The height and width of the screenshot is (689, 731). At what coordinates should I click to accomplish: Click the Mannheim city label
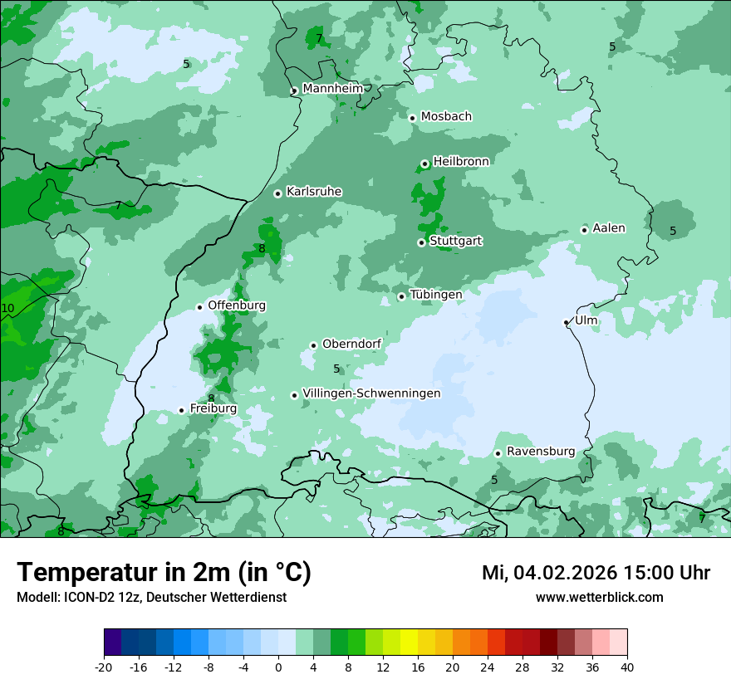click(333, 88)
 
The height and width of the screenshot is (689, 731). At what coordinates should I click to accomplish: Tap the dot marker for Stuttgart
click(421, 242)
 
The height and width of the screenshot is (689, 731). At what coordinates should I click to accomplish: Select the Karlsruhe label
click(314, 192)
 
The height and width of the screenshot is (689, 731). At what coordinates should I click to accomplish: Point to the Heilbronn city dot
click(424, 164)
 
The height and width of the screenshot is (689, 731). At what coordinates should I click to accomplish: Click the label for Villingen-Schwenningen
click(371, 393)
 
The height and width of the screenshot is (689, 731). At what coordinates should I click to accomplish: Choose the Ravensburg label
click(541, 452)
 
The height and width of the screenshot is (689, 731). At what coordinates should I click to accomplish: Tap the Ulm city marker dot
click(566, 322)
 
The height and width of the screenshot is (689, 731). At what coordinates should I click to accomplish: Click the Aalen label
click(609, 228)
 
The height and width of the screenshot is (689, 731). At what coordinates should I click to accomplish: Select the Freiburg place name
click(213, 408)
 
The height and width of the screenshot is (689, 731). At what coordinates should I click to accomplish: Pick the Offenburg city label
click(237, 305)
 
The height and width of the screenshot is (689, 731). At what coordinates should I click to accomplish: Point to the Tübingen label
click(436, 295)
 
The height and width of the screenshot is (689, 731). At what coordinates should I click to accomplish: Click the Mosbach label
click(446, 116)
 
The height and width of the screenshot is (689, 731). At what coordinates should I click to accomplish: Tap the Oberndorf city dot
click(313, 345)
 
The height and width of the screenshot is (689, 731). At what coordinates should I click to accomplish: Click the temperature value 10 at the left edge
click(8, 309)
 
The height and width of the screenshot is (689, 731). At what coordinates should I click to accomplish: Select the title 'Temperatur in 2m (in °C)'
click(164, 573)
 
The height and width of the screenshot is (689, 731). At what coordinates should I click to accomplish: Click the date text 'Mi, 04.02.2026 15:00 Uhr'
click(596, 573)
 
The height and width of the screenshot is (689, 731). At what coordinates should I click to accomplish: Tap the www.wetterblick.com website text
click(599, 598)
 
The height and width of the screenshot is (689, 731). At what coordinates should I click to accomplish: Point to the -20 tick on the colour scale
click(104, 667)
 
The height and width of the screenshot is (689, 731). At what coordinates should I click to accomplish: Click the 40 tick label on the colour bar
click(626, 667)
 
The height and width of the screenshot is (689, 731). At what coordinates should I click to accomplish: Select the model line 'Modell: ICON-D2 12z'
click(151, 598)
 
